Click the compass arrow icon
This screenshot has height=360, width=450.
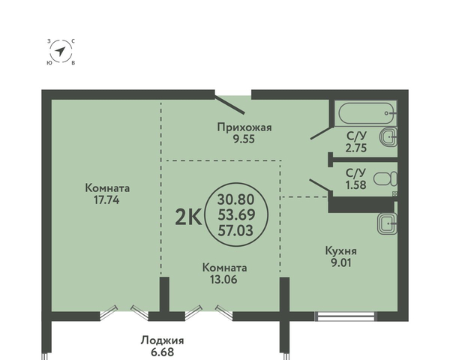60,52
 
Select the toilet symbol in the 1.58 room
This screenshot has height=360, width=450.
386,178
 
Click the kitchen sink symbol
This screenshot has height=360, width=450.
387,223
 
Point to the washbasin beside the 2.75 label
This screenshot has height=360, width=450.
388,137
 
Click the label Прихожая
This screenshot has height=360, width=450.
244,127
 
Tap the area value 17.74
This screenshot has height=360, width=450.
106,199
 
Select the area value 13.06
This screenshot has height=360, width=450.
223,279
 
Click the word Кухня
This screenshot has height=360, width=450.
341,251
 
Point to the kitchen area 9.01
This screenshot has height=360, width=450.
341,262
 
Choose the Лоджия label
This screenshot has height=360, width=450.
163,340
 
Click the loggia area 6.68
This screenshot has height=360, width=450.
163,352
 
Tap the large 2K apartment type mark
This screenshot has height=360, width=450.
188,217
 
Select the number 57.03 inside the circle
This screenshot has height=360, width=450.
235,230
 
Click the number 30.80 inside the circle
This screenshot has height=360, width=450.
236,199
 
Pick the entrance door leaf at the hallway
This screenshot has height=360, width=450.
229,104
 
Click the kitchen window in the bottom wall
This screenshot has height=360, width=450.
346,316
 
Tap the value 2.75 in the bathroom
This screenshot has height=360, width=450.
356,148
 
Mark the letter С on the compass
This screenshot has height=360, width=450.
73,41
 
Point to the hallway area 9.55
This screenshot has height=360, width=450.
244,139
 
